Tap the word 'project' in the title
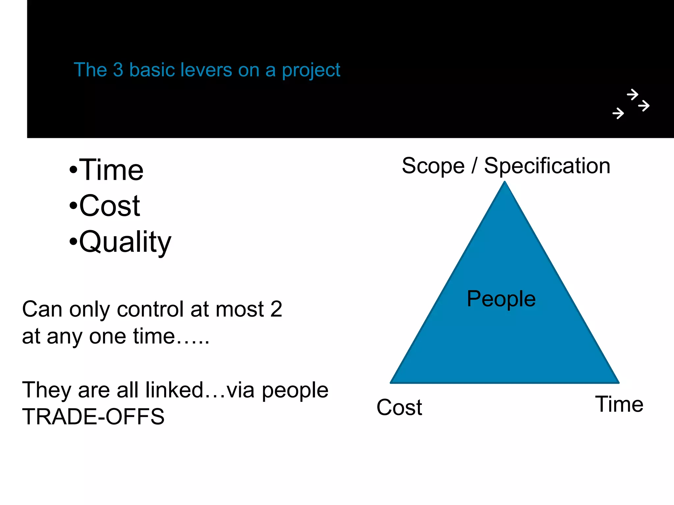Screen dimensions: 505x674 (x=311, y=71)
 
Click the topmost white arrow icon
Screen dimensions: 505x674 (x=632, y=95)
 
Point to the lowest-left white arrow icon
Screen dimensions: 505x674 (x=618, y=113)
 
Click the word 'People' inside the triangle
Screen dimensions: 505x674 (x=501, y=299)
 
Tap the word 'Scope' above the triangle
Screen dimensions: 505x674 (x=433, y=166)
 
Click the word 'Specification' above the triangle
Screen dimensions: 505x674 (x=547, y=166)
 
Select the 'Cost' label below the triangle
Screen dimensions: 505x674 (x=399, y=407)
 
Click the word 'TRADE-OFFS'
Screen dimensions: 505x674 (x=93, y=417)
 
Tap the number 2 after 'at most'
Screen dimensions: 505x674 (x=276, y=309)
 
